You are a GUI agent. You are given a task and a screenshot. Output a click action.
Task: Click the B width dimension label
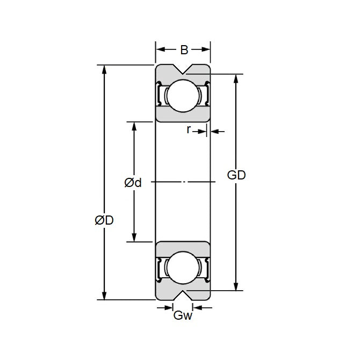(x=183, y=50)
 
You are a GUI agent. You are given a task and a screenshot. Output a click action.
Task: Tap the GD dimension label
(x=236, y=175)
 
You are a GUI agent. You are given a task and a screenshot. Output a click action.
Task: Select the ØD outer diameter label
(x=104, y=220)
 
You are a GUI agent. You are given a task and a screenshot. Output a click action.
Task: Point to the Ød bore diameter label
(x=133, y=183)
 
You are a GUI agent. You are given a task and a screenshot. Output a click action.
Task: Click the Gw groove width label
(x=183, y=316)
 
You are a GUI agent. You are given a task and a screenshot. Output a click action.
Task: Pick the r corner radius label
(x=189, y=129)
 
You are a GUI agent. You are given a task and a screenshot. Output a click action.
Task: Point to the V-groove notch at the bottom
(x=183, y=294)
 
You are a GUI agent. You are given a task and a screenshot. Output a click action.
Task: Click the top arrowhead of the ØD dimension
(x=104, y=69)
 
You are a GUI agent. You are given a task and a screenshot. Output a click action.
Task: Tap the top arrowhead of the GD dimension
(x=236, y=78)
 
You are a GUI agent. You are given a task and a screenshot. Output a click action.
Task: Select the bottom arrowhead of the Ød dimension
(x=133, y=237)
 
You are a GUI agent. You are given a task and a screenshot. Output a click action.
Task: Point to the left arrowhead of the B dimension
(x=160, y=49)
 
